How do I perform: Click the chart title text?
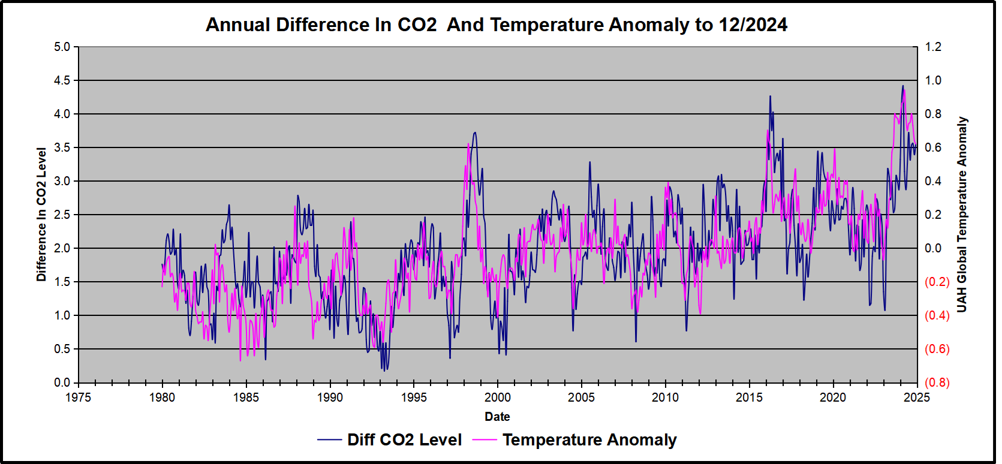497,25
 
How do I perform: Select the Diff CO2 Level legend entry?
390,440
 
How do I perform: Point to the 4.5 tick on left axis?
62,80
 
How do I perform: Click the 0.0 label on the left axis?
62,382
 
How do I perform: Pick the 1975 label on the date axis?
78,397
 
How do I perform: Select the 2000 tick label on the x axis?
498,397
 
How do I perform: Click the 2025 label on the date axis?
917,397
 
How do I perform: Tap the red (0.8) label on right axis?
937,382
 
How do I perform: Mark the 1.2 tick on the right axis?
933,47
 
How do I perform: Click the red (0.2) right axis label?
937,282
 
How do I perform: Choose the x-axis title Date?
497,417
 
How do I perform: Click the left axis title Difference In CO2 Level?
41,214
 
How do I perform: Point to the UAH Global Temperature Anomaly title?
962,214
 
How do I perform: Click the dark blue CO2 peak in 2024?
902,86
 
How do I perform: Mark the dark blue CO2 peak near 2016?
770,96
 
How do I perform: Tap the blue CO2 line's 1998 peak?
475,132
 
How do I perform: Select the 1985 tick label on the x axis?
246,397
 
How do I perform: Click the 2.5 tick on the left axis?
62,215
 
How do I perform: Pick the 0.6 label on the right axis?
933,147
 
